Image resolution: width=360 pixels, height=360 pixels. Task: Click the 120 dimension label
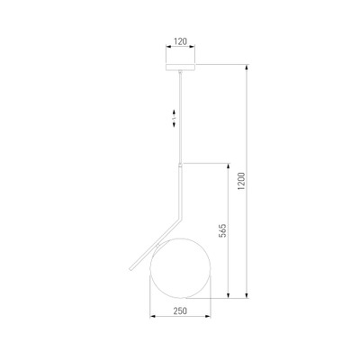point(180,41)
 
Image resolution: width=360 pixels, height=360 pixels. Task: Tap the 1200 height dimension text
point(241,181)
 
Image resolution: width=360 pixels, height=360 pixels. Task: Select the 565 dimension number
point(222,230)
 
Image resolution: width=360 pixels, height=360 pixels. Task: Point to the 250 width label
point(180,311)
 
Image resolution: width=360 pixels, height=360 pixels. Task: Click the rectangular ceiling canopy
point(180,67)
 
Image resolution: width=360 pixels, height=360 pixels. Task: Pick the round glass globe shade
point(180,268)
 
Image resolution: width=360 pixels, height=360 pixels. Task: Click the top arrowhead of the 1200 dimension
point(247,67)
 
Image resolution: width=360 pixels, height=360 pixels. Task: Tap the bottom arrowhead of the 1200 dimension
point(247,295)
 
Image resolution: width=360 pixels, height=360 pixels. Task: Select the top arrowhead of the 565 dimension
point(229,166)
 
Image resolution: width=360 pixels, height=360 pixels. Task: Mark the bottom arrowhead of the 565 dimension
point(229,295)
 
